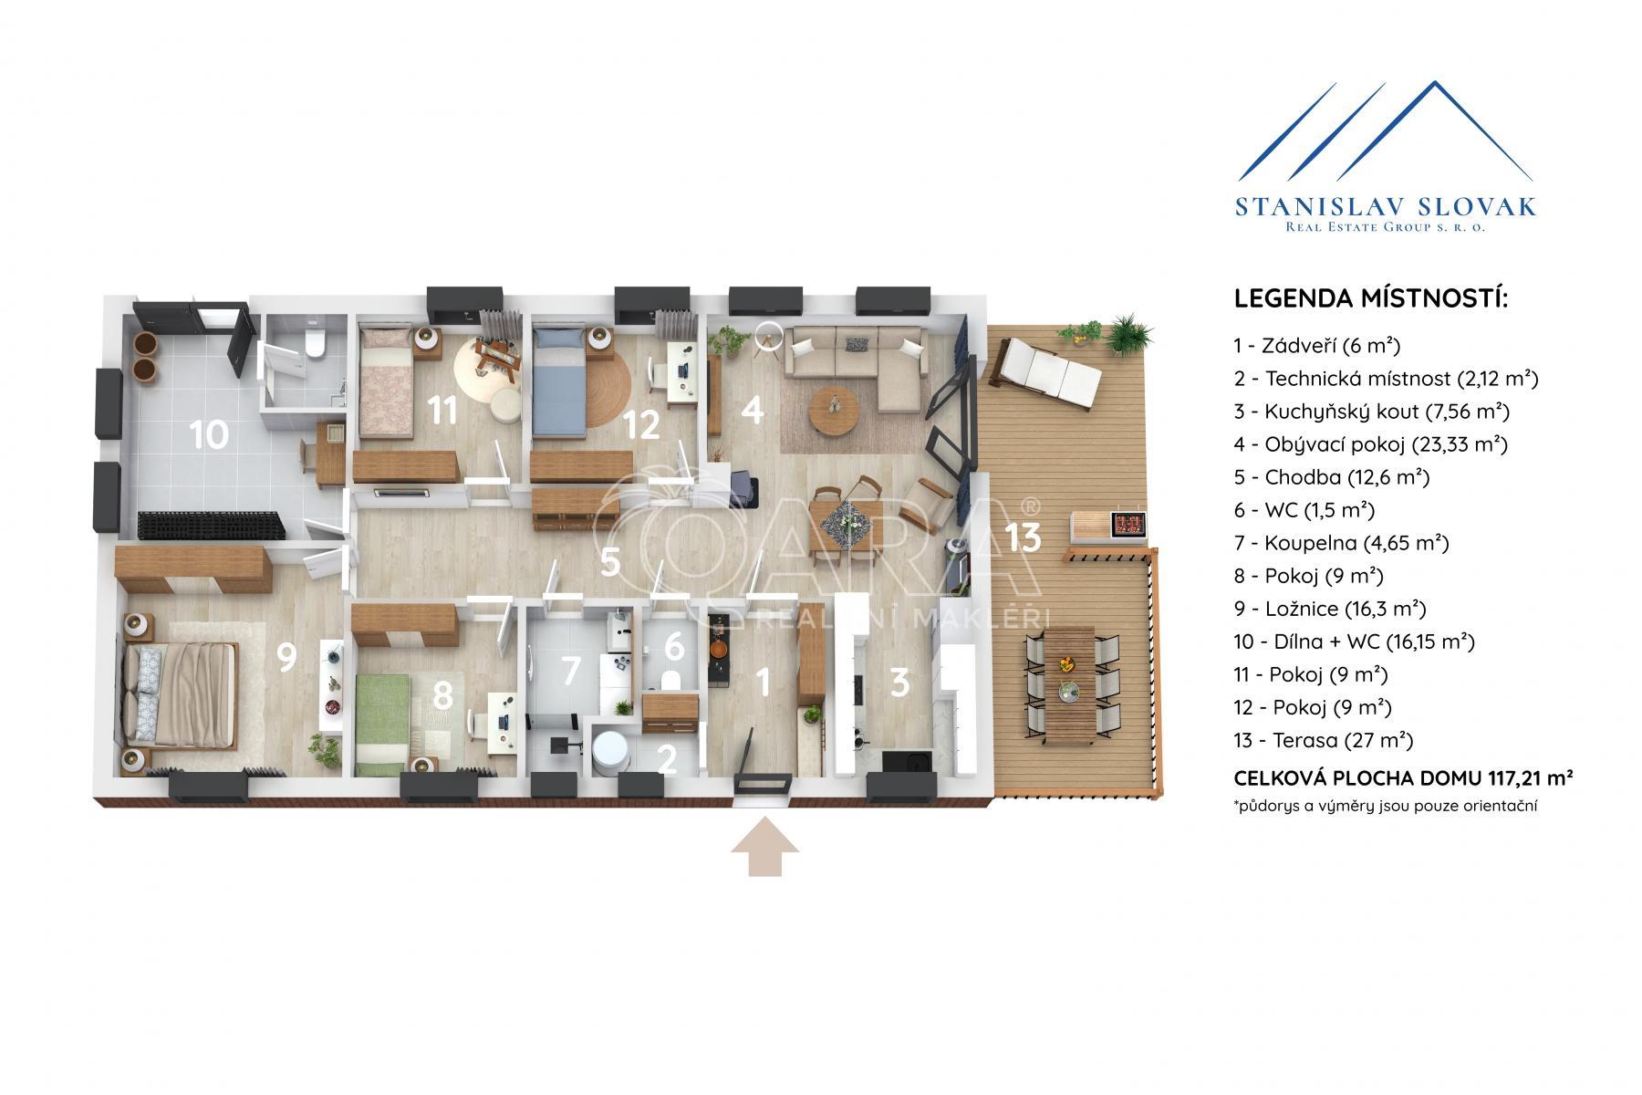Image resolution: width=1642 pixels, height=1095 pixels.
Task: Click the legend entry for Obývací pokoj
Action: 1370,444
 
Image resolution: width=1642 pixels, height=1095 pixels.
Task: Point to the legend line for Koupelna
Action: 1341,543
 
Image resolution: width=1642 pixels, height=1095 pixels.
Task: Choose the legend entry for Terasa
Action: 1311,740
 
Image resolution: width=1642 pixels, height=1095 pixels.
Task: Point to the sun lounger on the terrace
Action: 1047,371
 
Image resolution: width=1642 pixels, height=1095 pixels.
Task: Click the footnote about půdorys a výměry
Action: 1386,806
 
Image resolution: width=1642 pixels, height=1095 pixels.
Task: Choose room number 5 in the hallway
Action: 610,563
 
